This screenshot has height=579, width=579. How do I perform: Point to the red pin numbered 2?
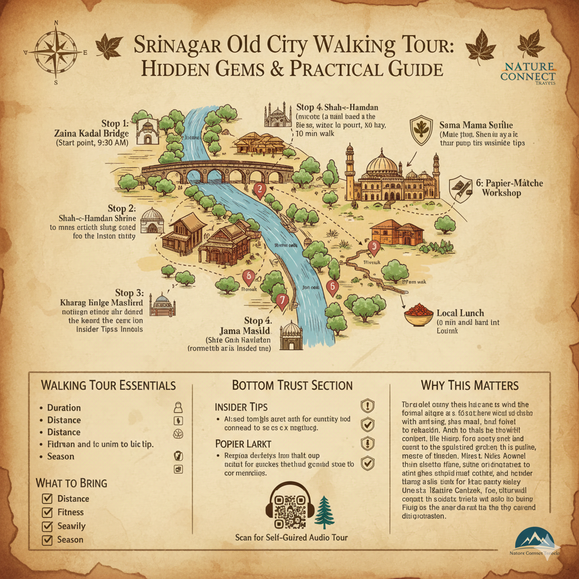point(260,191)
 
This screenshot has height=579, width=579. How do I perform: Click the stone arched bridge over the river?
point(218,170)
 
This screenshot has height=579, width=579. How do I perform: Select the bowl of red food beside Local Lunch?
point(418,314)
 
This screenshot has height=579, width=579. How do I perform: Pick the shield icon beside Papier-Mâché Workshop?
point(461,188)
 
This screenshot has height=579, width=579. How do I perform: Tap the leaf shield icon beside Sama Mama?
point(421,127)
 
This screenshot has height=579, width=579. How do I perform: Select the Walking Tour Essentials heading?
point(108,386)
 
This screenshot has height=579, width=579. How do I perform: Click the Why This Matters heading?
point(469,386)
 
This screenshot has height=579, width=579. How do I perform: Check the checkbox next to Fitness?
point(48,513)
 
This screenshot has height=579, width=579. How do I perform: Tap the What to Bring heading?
point(71,483)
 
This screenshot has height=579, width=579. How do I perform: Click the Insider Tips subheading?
point(241,407)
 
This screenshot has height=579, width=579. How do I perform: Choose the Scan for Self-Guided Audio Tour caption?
point(291,537)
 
